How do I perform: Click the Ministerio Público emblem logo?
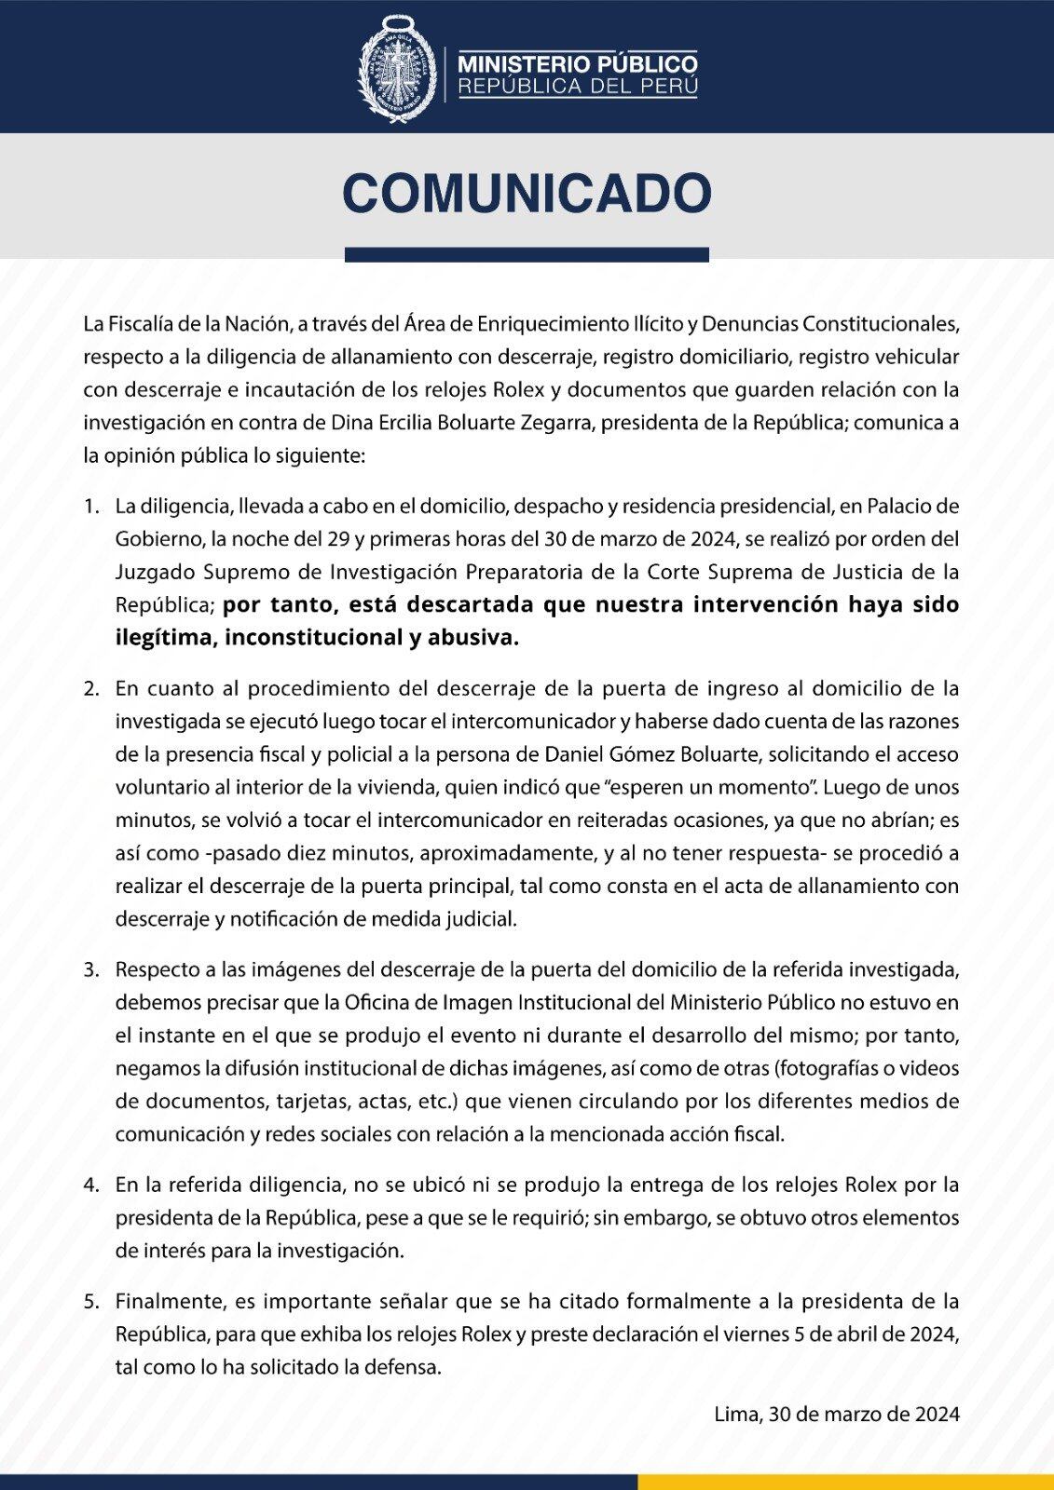(398, 74)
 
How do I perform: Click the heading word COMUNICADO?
(527, 194)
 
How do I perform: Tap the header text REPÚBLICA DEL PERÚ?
(577, 88)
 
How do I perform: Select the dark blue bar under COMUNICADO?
(527, 254)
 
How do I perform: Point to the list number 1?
(90, 507)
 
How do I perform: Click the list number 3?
(90, 969)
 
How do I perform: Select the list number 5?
(90, 1301)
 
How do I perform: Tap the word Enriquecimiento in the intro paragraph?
(551, 324)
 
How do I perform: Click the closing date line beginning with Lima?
(836, 1415)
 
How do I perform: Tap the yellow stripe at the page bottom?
(845, 1482)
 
